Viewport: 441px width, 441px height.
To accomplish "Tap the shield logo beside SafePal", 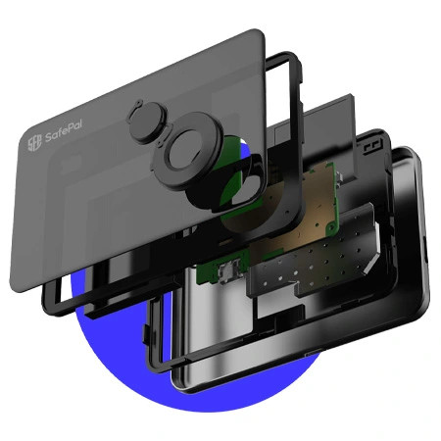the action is pyautogui.click(x=34, y=143).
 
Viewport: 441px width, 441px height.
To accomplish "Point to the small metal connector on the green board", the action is pyautogui.click(x=229, y=273).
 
